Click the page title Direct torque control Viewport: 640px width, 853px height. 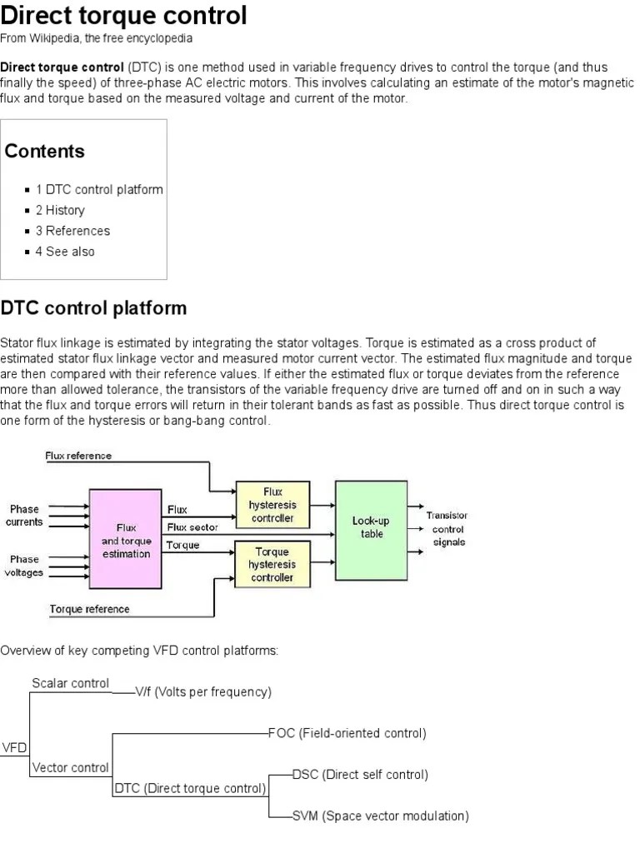pos(124,15)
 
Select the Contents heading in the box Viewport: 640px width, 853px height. pos(45,151)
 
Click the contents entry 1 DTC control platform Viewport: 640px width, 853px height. pos(99,189)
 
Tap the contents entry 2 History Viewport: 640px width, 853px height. pos(60,210)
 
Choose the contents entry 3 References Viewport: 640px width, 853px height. pos(72,231)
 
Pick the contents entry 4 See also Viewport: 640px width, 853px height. pos(65,252)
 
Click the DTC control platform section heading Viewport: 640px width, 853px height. pos(93,308)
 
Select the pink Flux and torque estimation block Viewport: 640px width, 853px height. pos(126,540)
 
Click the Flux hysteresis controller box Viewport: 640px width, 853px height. pos(272,505)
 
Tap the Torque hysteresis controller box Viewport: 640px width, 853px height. pos(272,564)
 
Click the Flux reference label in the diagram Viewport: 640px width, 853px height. pos(78,456)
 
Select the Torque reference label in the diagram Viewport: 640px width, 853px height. pos(89,609)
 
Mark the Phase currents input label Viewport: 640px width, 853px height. pos(24,515)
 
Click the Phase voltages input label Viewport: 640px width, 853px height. pos(24,566)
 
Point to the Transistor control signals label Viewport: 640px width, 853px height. pos(447,529)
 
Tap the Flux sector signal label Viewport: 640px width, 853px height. pos(192,527)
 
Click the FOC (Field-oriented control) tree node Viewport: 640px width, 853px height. pos(347,733)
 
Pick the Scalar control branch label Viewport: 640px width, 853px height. pos(71,683)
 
